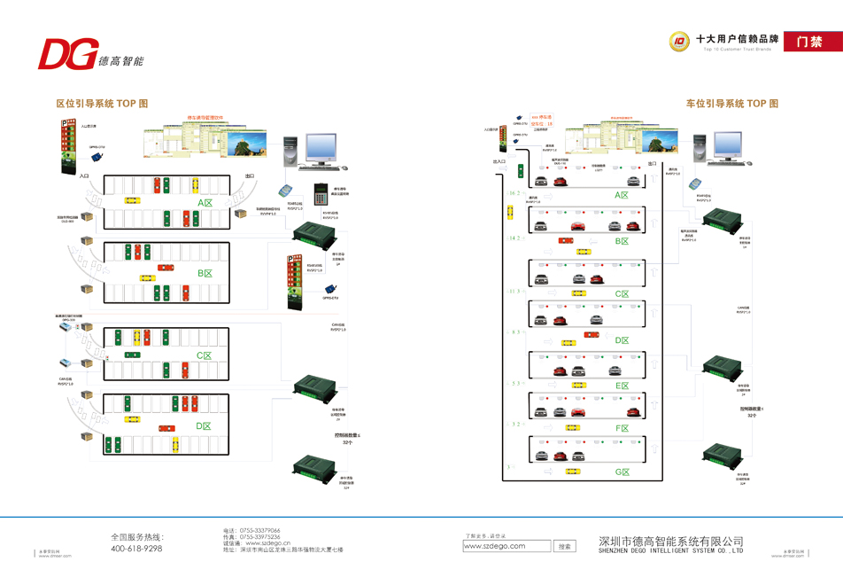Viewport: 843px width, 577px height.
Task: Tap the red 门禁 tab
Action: click(x=808, y=42)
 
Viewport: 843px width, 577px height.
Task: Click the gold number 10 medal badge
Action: click(x=680, y=41)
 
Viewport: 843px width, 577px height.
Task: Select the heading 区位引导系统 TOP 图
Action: click(x=102, y=104)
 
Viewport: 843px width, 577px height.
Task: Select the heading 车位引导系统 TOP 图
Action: click(x=731, y=104)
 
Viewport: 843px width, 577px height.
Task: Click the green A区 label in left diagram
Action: click(x=205, y=202)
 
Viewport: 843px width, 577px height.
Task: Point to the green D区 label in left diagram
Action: click(x=204, y=426)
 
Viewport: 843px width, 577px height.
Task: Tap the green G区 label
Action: click(x=622, y=471)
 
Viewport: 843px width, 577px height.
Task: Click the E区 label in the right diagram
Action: click(x=622, y=385)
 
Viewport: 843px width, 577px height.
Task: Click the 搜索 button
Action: click(x=565, y=546)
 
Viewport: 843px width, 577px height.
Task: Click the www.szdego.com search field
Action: click(x=507, y=546)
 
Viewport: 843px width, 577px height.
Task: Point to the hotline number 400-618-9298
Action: click(x=136, y=549)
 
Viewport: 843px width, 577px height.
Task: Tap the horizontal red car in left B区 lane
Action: click(x=166, y=267)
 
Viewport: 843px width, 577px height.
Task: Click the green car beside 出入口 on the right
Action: click(x=522, y=171)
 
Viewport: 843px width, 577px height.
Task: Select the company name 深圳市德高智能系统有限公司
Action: click(x=670, y=540)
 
